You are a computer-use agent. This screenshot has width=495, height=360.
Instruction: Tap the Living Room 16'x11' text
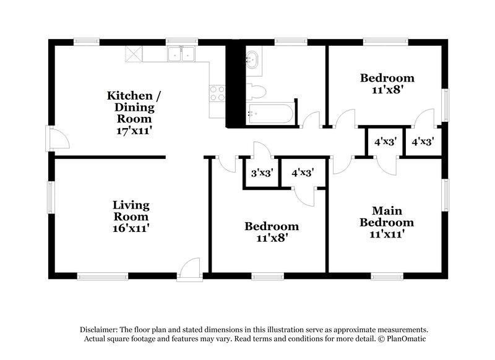point(131,216)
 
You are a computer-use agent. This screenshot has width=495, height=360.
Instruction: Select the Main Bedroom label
point(387,222)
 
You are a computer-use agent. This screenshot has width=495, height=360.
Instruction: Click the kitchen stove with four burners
point(217,93)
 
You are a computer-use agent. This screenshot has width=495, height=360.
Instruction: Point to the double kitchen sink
point(182,55)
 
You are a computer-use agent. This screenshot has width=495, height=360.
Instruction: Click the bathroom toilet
point(256,92)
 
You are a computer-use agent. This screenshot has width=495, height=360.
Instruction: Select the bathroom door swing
point(310,120)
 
